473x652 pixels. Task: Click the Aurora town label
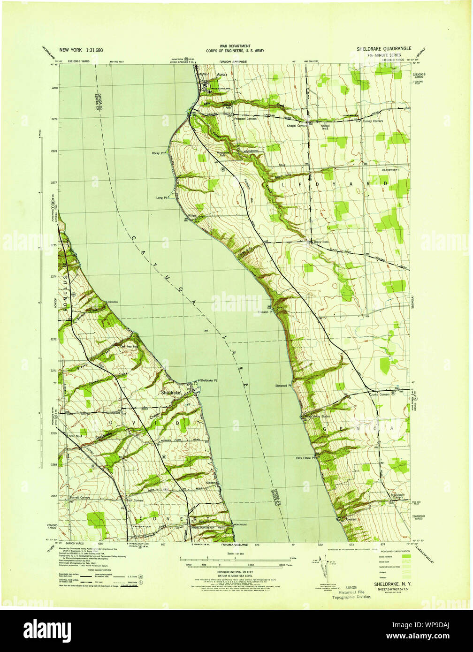point(222,75)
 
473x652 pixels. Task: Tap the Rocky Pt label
point(157,153)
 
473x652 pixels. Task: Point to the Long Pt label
point(162,198)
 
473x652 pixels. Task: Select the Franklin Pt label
point(265,312)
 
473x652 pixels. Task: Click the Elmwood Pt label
point(283,386)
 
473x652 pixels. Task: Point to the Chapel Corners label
point(297,126)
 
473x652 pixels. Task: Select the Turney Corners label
point(373,121)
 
